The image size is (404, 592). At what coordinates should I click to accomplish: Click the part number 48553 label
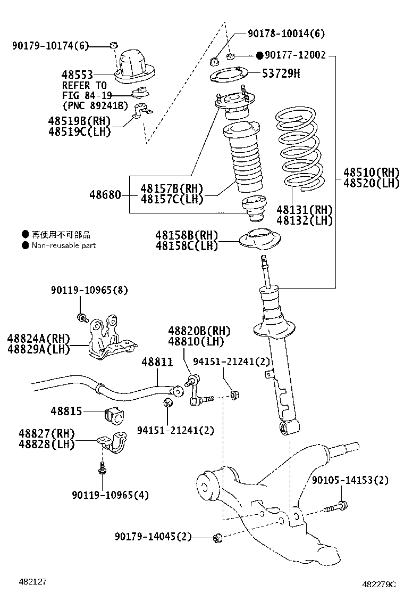77,75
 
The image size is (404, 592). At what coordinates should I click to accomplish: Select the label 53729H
281,73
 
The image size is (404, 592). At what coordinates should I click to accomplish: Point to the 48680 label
105,195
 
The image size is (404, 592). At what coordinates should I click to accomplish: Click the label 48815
66,411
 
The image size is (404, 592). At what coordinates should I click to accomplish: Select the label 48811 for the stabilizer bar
157,362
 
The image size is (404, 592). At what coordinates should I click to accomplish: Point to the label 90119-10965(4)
110,495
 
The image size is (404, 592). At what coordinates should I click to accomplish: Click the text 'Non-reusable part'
63,245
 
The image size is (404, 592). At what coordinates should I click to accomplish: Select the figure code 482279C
380,584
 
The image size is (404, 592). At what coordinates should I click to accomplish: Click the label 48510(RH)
371,172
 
